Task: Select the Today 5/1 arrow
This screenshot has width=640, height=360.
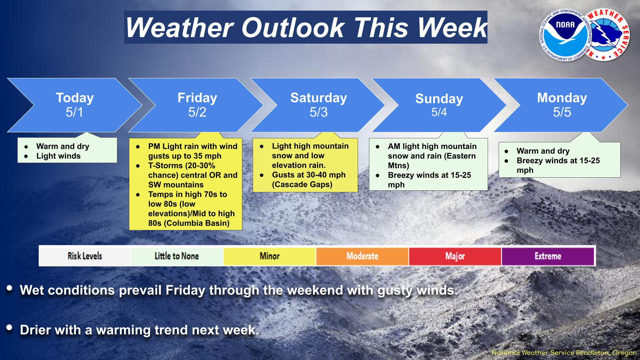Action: point(74,105)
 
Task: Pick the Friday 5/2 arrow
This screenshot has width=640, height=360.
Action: point(197,105)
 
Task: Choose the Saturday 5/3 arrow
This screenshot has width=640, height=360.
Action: point(318,105)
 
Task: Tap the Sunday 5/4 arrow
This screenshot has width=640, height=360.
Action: point(439,105)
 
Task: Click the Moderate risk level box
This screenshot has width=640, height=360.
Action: point(362,256)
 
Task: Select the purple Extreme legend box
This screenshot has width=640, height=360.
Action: point(548,256)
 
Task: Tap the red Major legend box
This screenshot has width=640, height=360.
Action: point(455,256)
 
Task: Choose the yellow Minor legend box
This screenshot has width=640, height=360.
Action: point(270,256)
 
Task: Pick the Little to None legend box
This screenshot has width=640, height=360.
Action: point(177,256)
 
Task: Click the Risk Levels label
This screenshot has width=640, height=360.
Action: point(85,256)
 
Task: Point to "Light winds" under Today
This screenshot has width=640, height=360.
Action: point(58,156)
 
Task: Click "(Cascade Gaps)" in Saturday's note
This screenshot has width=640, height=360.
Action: point(302,184)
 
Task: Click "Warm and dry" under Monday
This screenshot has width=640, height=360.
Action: point(543,151)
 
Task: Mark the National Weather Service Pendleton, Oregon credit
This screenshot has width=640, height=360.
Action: point(564,353)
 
